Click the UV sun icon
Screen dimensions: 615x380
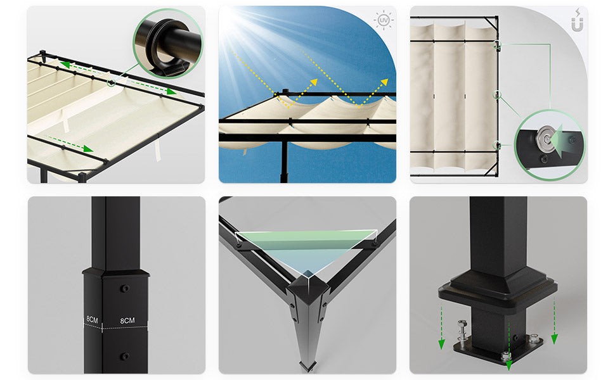[x=383, y=20]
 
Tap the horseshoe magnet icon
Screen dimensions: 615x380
[x=577, y=25]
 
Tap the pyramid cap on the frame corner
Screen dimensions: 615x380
[x=307, y=287]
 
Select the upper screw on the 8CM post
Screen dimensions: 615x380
[x=125, y=289]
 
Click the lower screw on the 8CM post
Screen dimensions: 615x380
[x=125, y=357]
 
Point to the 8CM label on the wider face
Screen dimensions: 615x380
[x=127, y=320]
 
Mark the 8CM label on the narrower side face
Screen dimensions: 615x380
[x=92, y=320]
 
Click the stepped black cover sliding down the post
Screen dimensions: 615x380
[x=497, y=289]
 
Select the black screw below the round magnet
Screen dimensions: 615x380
[x=545, y=159]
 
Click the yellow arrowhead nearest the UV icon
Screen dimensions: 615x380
[x=384, y=82]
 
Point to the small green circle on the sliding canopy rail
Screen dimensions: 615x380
[x=112, y=83]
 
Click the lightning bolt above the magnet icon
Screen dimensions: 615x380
[x=578, y=13]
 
